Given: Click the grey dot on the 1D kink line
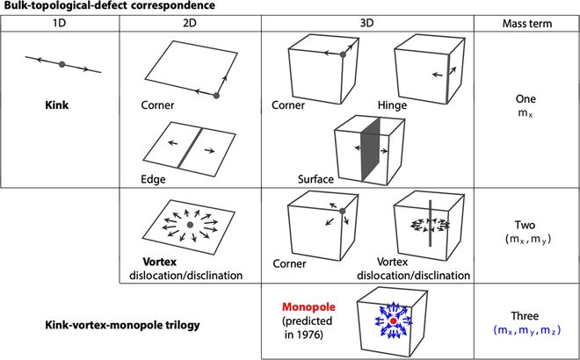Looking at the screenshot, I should [x=61, y=63].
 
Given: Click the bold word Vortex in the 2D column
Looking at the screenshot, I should [x=156, y=263].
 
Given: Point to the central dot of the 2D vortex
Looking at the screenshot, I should [x=191, y=227].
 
